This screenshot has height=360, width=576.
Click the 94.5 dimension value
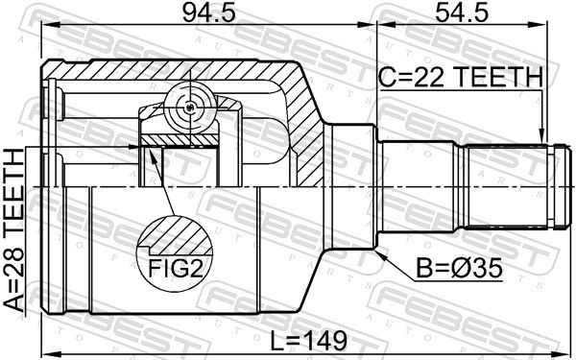point(208,13)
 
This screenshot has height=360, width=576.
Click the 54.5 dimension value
point(462,13)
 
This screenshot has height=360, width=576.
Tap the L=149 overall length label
point(308,341)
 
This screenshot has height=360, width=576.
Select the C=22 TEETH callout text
point(461,77)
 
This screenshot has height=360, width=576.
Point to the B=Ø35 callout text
point(459,268)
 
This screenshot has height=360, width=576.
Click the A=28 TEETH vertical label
point(14,230)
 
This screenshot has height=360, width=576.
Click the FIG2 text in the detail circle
point(176,268)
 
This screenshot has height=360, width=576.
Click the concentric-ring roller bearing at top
point(189,107)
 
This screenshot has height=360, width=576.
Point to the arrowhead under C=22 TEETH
point(540,135)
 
